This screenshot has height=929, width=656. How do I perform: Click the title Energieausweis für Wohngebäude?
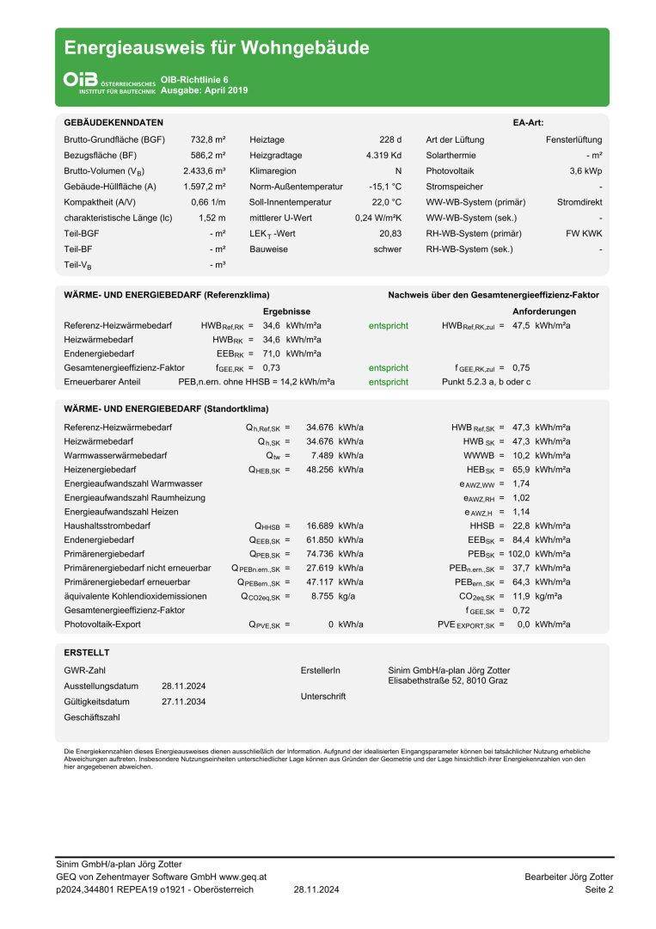coord(217,48)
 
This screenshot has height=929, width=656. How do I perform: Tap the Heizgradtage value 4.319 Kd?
coord(383,156)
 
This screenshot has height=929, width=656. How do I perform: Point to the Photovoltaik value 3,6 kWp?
coord(585,171)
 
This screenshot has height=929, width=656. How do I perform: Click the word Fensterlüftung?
coord(573,139)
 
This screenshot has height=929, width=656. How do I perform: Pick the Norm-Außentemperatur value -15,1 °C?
coord(384,187)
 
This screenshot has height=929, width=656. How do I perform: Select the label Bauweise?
coord(268,249)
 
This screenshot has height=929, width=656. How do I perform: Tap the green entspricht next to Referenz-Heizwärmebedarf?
coord(389,326)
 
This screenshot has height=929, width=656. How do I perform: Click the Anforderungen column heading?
coord(544,311)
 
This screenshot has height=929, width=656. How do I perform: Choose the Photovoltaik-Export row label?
coord(102,624)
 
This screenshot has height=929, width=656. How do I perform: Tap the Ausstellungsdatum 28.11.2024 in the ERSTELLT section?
coord(183,686)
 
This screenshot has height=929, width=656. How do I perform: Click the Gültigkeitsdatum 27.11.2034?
coord(183,702)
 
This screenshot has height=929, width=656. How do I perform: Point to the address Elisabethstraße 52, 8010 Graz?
coord(448,681)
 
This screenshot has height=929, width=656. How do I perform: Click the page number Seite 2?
coord(598,889)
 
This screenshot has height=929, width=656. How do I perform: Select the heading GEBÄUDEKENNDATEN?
coord(113,123)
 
